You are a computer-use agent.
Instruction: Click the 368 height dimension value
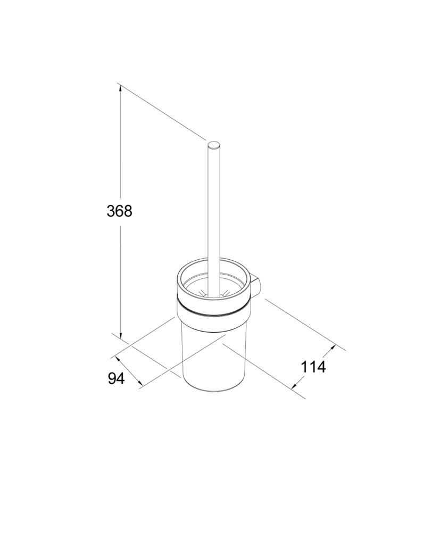pyautogui.click(x=119, y=211)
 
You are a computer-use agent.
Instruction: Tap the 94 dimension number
pyautogui.click(x=116, y=378)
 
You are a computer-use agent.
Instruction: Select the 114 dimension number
pyautogui.click(x=313, y=367)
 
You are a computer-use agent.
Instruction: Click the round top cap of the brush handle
pyautogui.click(x=214, y=145)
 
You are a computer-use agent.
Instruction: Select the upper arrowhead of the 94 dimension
pyautogui.click(x=118, y=358)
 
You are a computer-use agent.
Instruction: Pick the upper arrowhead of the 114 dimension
pyautogui.click(x=333, y=348)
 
